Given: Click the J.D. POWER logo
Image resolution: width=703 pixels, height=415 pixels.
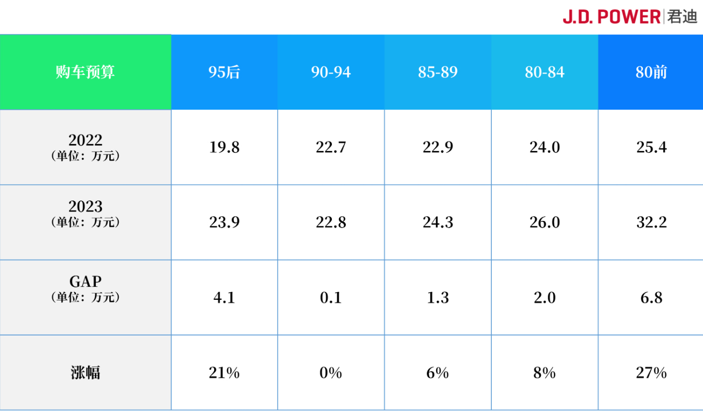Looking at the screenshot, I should click(x=629, y=17).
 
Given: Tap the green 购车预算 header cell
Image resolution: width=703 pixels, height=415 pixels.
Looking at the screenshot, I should click(x=85, y=72).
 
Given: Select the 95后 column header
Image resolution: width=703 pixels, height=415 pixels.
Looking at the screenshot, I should click(x=224, y=72).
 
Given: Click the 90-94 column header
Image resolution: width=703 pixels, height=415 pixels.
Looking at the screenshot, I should click(x=331, y=72).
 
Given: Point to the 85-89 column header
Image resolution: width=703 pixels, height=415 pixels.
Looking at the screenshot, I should click(x=438, y=72).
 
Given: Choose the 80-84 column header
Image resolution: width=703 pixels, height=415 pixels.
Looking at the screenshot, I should click(x=545, y=72).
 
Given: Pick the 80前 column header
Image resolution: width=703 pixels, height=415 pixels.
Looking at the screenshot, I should click(x=651, y=72).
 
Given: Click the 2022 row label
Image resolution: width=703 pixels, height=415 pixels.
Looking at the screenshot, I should click(x=85, y=147).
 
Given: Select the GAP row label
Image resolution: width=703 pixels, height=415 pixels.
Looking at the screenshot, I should click(x=85, y=288).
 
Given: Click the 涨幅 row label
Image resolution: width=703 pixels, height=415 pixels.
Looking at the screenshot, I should click(x=85, y=372).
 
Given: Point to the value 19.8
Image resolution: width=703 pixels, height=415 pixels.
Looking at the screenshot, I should click(x=224, y=147).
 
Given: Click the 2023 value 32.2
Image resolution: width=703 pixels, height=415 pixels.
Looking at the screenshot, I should click(x=651, y=222).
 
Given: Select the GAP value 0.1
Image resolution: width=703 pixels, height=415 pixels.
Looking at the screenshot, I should click(x=331, y=297).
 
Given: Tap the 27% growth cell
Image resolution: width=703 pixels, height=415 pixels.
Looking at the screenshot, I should click(x=651, y=373).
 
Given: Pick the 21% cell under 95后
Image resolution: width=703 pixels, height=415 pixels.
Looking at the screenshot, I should click(x=224, y=373).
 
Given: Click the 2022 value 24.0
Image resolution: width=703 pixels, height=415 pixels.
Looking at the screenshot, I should click(x=545, y=147).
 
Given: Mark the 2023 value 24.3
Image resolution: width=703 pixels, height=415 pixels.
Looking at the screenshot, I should click(x=438, y=222).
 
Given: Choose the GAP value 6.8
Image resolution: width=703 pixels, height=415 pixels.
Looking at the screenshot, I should click(x=651, y=297).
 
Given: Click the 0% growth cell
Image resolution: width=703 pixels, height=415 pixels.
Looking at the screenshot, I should click(x=331, y=373).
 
